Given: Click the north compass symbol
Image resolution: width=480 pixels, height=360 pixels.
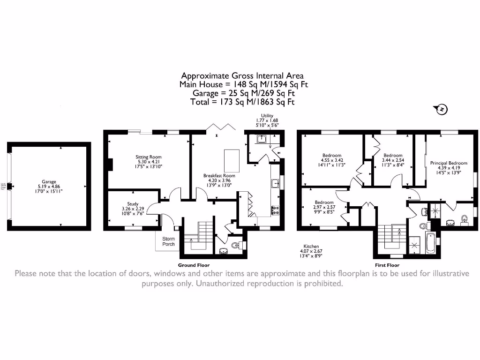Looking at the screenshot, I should click(442, 110).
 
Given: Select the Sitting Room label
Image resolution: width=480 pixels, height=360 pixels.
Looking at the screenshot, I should click(149, 157).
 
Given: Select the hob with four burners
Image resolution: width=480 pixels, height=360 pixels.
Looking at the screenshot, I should click(276, 210).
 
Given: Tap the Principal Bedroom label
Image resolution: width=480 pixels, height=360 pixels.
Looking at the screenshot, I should click(449, 163).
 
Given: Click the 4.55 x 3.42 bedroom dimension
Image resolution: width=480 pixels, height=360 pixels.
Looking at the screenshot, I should click(332, 160).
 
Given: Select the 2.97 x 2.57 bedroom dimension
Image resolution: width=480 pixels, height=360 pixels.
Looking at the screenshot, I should click(324, 207).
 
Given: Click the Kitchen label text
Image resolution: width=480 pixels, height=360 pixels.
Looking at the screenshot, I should click(311, 246).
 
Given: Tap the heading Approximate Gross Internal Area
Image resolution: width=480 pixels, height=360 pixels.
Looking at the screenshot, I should click(242, 76).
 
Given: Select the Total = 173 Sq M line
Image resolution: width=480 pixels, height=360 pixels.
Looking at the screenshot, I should click(242, 102).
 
